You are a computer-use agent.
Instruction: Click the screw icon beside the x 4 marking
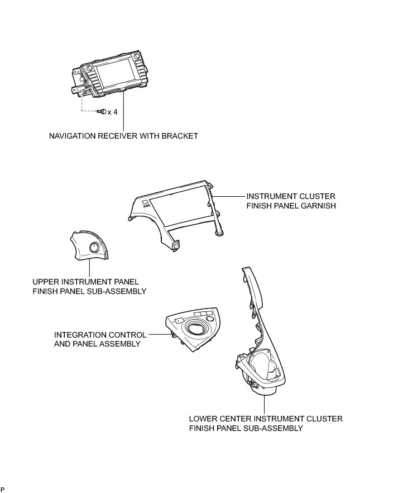[102, 112]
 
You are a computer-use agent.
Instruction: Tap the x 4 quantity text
[112, 112]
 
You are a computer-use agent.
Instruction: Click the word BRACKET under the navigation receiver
[180, 136]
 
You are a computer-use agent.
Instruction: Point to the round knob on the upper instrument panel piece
[93, 248]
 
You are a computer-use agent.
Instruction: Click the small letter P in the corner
[3, 490]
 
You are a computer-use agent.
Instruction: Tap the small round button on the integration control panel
[210, 318]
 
